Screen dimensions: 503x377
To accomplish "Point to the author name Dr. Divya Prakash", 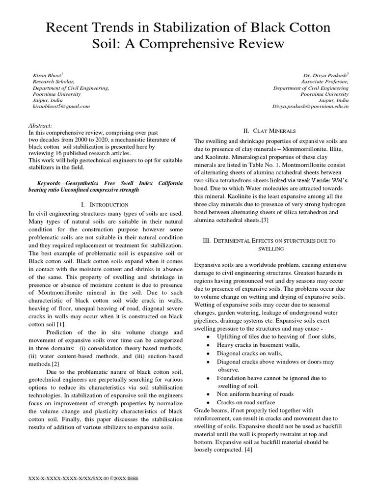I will [x=326, y=75].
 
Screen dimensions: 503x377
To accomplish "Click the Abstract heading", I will [x=41, y=126].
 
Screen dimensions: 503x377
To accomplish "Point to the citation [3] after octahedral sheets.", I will [x=265, y=221].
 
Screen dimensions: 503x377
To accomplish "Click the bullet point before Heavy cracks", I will [x=209, y=345].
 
